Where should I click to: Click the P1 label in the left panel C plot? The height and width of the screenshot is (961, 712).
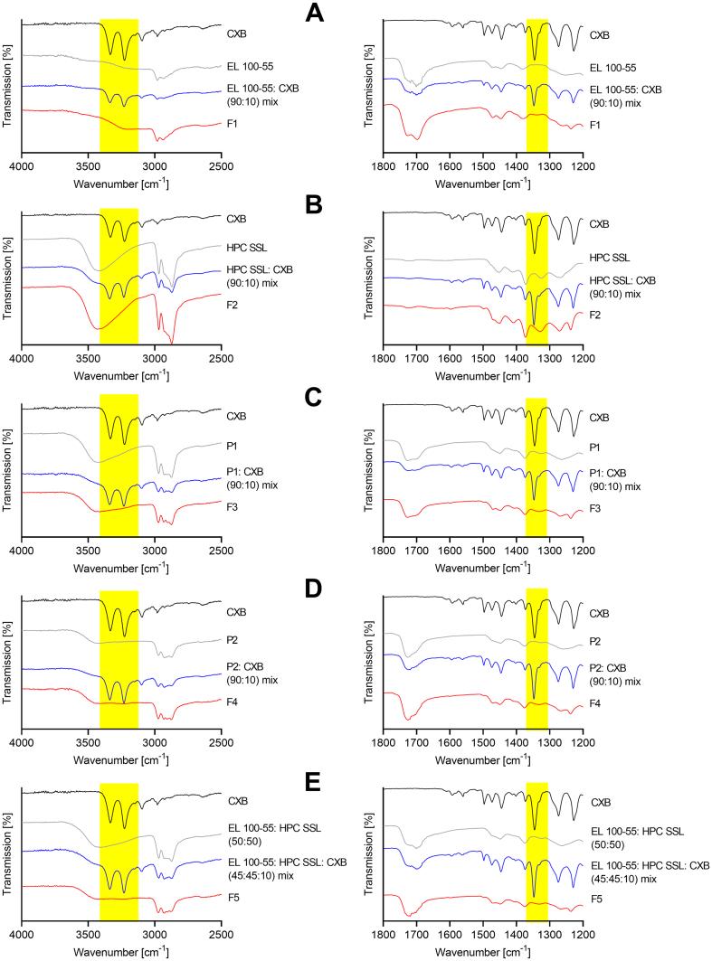pyautogui.click(x=233, y=445)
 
